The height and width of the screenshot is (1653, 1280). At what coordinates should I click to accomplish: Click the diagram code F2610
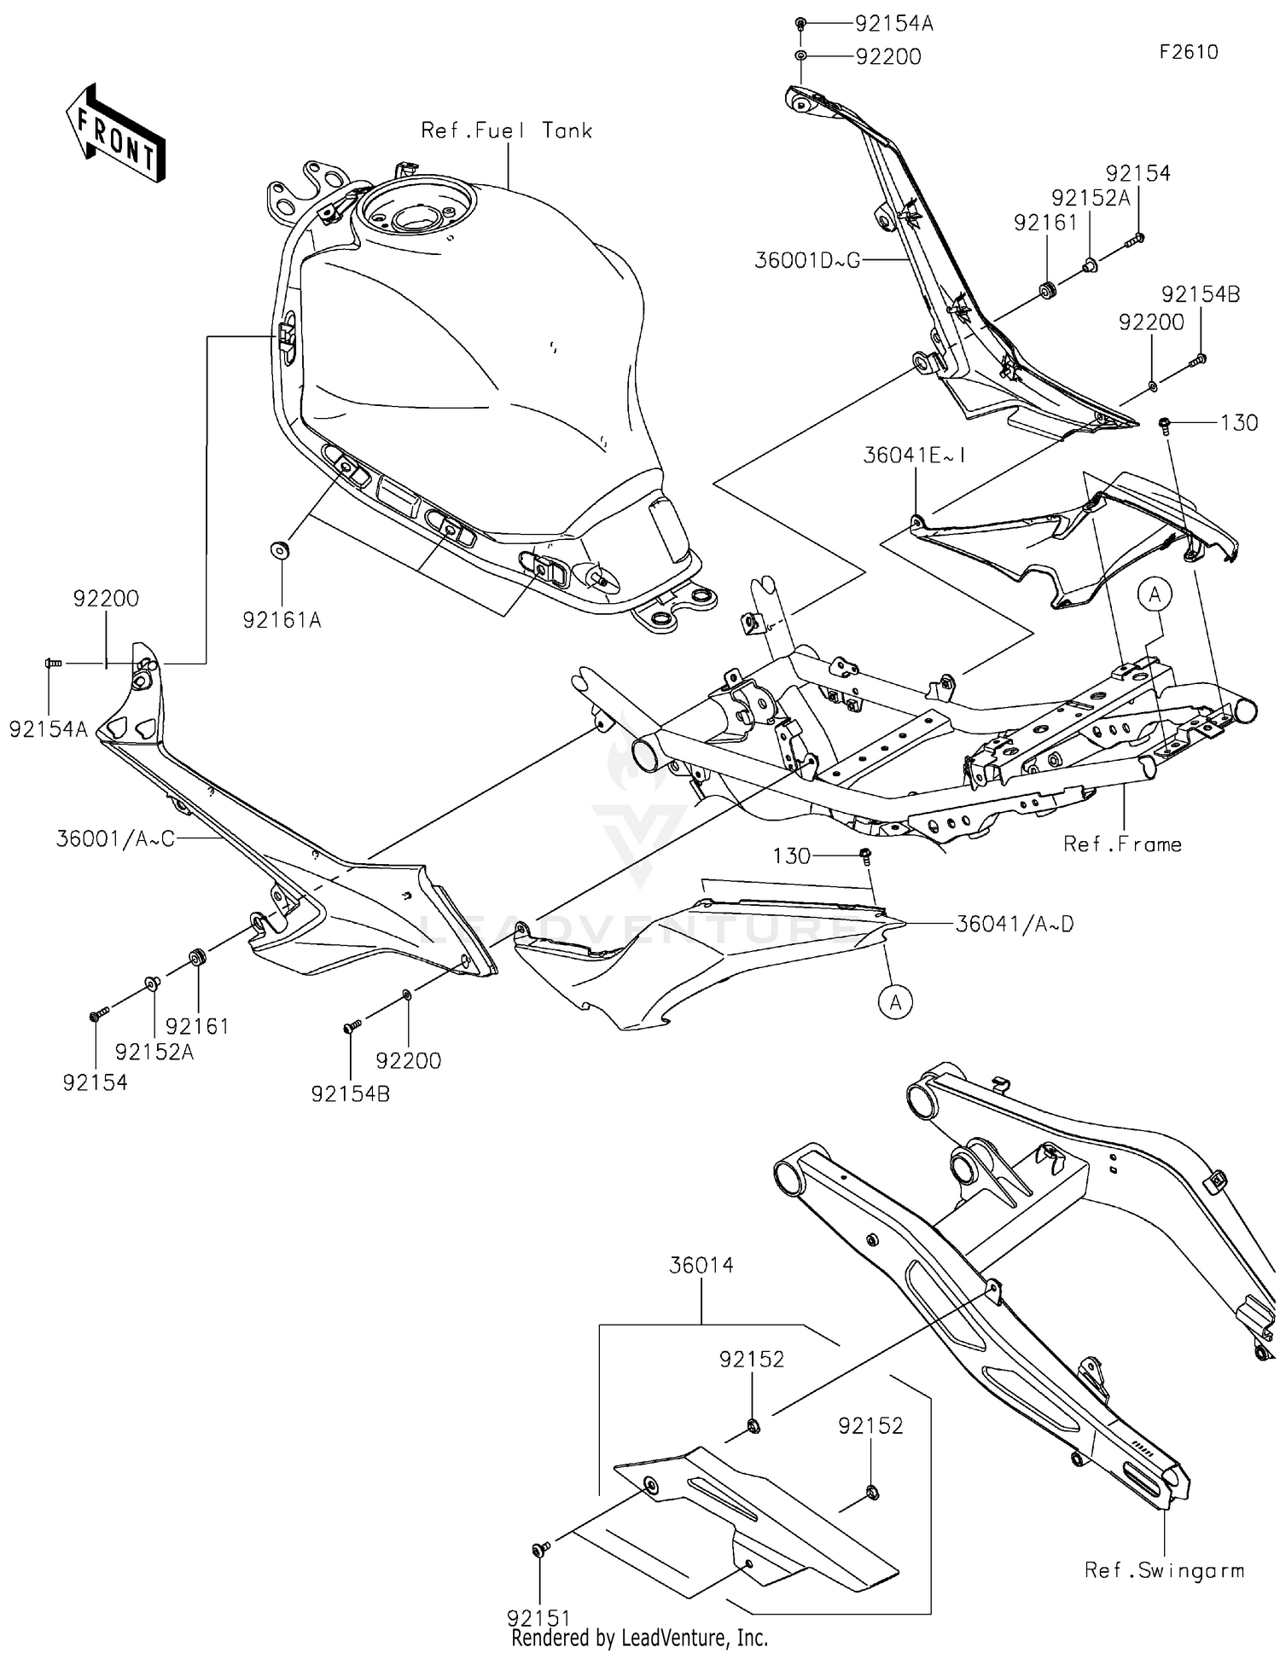coord(1188,52)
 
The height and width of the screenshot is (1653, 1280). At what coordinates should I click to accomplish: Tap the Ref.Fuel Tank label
coord(506,130)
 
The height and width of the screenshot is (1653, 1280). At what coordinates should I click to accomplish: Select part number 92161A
coord(282,621)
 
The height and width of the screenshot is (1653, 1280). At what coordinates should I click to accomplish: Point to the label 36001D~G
coord(806,260)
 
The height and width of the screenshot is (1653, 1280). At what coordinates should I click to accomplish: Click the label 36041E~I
coord(914,455)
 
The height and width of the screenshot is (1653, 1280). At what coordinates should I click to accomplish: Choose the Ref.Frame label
coord(1121,844)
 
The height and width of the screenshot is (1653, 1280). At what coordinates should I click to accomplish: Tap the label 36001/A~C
coord(115,839)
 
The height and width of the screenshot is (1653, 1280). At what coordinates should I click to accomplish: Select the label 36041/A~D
coord(1014,924)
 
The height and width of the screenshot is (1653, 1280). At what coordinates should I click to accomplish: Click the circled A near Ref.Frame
coord(1155,594)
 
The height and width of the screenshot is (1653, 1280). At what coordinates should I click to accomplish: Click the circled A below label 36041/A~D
coord(895,1002)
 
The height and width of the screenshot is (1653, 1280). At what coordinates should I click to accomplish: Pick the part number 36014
coord(701,1265)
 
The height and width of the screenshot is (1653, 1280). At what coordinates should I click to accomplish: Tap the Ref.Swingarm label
coord(1164,1570)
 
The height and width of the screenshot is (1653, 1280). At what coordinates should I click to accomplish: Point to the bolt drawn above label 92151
coord(538,1549)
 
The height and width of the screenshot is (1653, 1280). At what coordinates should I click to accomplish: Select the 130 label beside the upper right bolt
coord(1238,423)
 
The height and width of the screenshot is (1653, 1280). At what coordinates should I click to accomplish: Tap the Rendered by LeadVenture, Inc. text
coord(639,1638)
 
